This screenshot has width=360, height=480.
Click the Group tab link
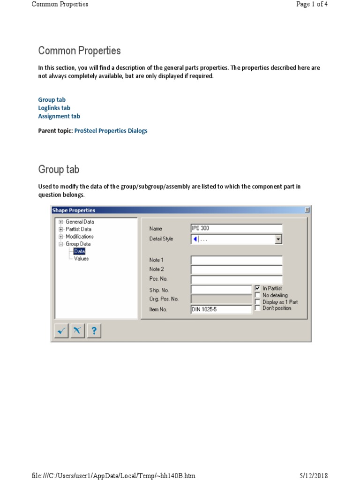click(52, 100)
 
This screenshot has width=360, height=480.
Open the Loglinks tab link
click(54, 108)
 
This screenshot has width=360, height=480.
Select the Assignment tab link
click(59, 116)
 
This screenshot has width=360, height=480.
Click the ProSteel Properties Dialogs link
click(111, 131)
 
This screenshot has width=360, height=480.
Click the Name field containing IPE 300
click(236, 228)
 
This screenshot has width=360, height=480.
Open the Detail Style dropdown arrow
click(278, 239)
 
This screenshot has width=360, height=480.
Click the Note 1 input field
click(236, 260)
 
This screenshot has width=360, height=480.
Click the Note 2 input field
click(236, 270)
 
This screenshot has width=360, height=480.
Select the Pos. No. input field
click(236, 280)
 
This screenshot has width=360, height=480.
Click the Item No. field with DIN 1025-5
click(221, 309)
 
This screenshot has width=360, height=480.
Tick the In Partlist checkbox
click(257, 288)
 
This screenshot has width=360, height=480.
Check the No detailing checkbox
click(257, 295)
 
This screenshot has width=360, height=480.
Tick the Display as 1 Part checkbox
click(257, 302)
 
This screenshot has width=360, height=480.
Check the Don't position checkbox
click(257, 308)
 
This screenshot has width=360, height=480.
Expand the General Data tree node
click(61, 222)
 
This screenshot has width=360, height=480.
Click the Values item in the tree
click(81, 258)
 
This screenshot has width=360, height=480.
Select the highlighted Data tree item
click(79, 251)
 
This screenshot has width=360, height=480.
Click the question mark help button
click(94, 331)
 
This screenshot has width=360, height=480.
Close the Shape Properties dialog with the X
click(307, 210)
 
